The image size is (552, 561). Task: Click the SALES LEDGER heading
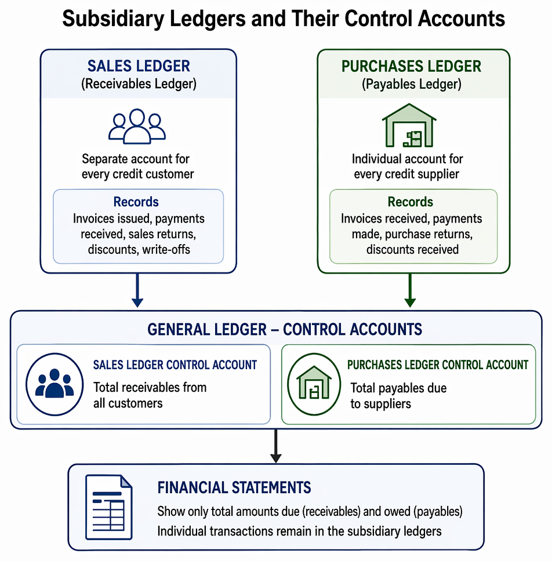(139, 66)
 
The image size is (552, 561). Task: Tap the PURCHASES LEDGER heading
(411, 67)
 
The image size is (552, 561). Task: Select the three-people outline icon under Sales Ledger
(137, 126)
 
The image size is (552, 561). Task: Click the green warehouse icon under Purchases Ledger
(409, 125)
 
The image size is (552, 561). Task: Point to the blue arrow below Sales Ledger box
(137, 290)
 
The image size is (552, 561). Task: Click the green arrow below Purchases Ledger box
(410, 290)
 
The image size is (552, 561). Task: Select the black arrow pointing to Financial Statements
(275, 446)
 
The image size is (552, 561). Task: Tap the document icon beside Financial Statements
(109, 507)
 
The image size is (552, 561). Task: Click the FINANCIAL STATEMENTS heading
(234, 487)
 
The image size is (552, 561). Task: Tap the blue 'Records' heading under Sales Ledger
(136, 202)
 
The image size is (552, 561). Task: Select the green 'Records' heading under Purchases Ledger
(411, 202)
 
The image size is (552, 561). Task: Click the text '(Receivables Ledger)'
(139, 84)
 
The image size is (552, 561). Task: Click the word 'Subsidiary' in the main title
(113, 19)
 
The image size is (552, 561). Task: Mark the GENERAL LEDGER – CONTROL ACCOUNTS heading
(285, 330)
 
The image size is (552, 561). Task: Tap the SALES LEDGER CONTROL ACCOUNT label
(175, 365)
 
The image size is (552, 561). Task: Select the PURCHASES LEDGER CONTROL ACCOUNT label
(438, 365)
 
